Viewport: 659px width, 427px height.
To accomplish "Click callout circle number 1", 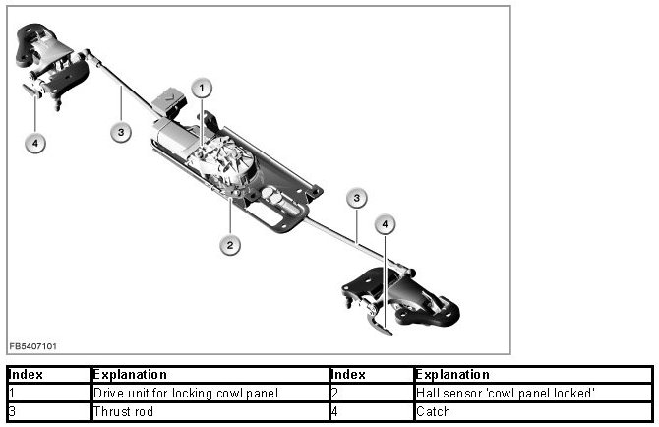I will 201,89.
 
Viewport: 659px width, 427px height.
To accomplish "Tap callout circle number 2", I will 230,245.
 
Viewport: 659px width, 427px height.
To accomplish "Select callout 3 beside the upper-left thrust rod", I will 121,133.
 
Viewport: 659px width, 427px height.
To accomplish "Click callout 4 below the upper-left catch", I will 35,144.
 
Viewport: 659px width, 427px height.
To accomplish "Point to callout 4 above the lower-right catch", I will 386,225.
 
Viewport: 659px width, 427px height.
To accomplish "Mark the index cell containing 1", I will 48,394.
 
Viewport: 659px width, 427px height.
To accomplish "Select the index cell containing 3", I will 48,412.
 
